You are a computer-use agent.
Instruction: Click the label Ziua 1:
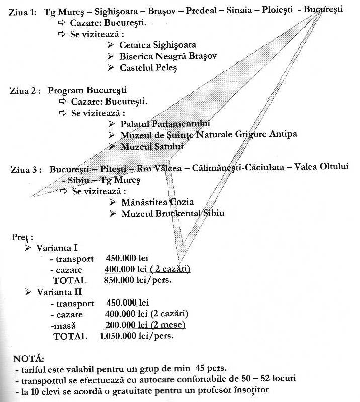click(22, 12)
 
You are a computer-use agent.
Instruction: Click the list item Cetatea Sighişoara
click(157, 45)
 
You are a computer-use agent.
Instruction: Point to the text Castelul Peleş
click(148, 68)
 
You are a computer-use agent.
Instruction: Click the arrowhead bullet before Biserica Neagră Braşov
click(111, 56)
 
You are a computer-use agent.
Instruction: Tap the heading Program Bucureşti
click(87, 90)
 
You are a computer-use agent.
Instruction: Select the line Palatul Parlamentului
click(165, 124)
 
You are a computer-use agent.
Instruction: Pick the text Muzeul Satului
click(152, 147)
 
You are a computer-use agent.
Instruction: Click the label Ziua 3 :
click(26, 170)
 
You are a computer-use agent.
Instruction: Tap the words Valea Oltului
click(321, 167)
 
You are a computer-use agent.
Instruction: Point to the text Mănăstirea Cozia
click(157, 202)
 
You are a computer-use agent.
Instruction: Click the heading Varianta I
click(57, 248)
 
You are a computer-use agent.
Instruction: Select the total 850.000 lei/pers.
click(138, 280)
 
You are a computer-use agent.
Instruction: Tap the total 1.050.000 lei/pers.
click(136, 336)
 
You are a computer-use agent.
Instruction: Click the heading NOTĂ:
click(29, 358)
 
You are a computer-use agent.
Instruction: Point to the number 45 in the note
click(200, 368)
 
